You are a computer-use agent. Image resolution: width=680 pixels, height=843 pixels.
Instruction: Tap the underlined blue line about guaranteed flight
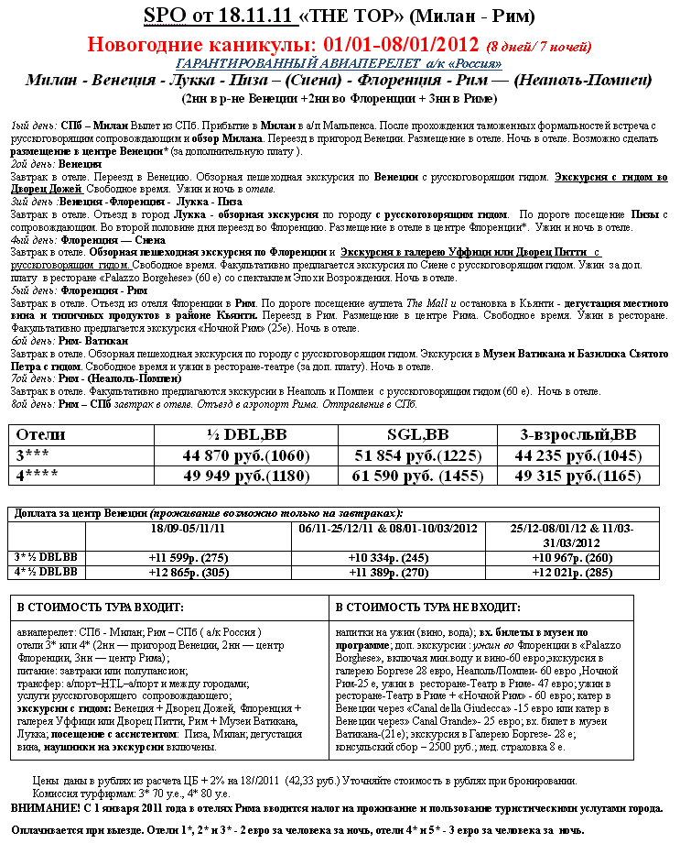[x=339, y=63]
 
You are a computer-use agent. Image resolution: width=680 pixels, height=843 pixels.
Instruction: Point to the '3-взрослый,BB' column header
[x=577, y=433]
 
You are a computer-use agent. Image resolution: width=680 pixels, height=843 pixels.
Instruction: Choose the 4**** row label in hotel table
[x=38, y=476]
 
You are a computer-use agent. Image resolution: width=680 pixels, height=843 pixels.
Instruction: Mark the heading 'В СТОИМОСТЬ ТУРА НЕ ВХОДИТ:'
[x=428, y=607]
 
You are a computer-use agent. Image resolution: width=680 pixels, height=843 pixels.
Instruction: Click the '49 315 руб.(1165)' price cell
[x=577, y=476]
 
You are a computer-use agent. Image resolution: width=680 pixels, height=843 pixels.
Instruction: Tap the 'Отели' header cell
[x=41, y=433]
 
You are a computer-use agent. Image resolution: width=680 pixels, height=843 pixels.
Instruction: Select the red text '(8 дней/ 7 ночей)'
[x=539, y=46]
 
